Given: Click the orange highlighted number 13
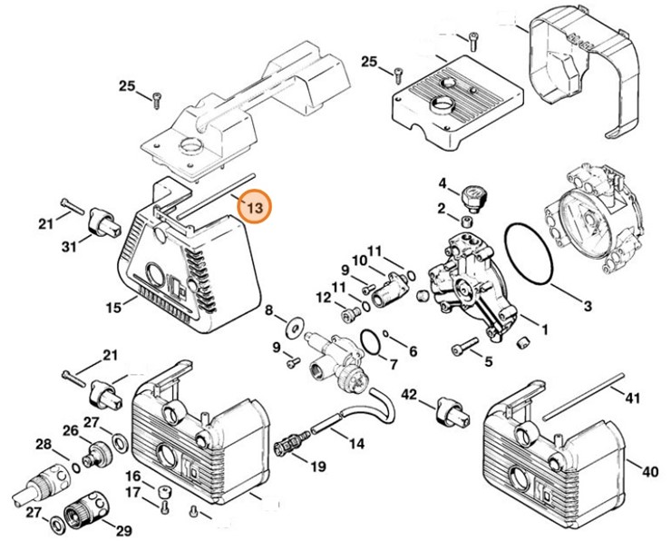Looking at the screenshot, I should [254, 208].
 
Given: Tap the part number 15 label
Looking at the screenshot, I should [113, 309].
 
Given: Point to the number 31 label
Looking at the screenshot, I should [70, 246].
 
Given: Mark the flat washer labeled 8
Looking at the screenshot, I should [295, 326].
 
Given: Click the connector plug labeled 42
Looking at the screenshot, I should [451, 410].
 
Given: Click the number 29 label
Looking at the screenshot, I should [124, 530].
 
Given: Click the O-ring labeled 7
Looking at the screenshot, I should [370, 341].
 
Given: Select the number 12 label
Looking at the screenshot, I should [322, 297].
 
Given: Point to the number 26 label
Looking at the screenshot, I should [71, 429].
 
